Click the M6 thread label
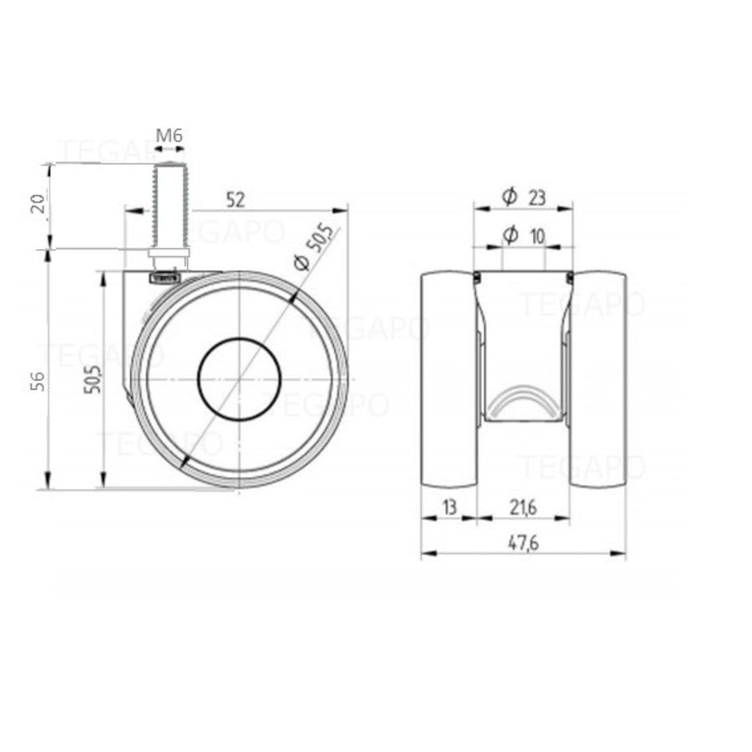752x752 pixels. [169, 135]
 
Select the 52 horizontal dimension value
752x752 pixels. [236, 199]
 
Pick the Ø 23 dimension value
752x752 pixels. [536, 197]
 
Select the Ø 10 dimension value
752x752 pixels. [536, 236]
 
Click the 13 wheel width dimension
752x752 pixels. [449, 506]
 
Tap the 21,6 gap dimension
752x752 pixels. [524, 506]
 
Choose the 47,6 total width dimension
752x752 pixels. [524, 542]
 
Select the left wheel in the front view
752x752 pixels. [449, 379]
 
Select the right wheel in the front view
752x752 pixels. [598, 379]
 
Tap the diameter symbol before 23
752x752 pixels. [509, 197]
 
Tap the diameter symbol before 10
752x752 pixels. [509, 236]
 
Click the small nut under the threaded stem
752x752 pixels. [169, 255]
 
